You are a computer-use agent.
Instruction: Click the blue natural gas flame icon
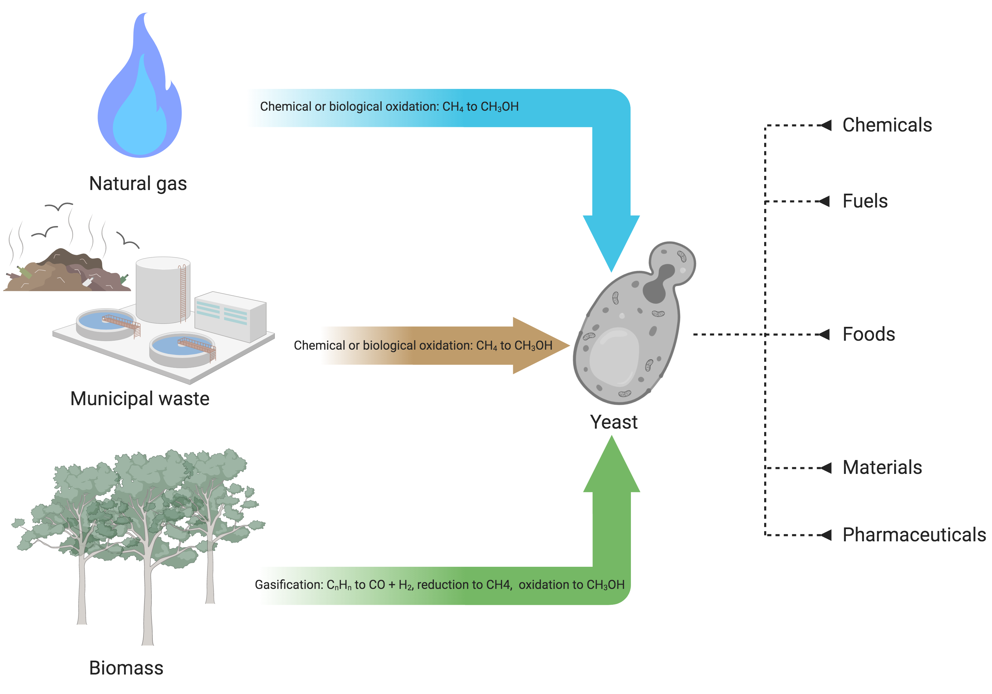pos(139,99)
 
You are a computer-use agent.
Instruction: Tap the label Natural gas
pos(138,183)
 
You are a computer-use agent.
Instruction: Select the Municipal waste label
pos(140,399)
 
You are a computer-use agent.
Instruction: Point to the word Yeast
pos(613,422)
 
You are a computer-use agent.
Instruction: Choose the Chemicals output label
pos(887,125)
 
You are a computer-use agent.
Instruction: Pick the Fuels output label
pos(865,201)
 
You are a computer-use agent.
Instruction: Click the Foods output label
pos(868,334)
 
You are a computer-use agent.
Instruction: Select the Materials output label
pos(882,468)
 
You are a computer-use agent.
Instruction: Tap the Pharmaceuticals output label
pos(914,535)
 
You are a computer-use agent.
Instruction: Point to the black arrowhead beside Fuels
pos(824,202)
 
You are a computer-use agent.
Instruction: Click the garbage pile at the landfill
pos(65,272)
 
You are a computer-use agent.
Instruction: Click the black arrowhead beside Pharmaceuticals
pos(826,535)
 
